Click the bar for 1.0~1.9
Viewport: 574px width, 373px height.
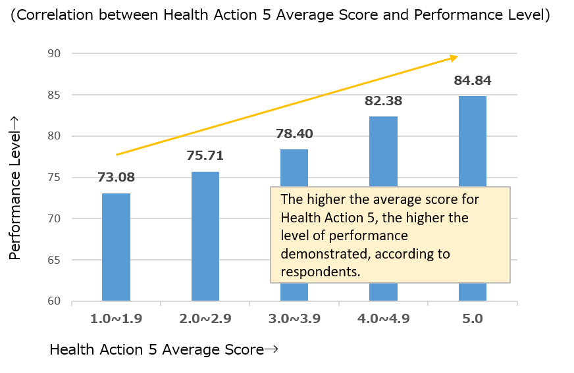(x=116, y=247)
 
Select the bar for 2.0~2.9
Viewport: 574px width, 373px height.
(x=205, y=236)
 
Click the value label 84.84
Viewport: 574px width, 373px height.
(x=472, y=82)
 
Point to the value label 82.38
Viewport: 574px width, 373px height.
(x=383, y=101)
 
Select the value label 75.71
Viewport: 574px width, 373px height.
(x=205, y=156)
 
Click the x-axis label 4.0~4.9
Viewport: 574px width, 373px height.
(x=383, y=319)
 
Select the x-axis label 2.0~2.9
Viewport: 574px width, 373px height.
(x=205, y=319)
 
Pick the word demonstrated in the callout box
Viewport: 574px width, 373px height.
(x=320, y=253)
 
